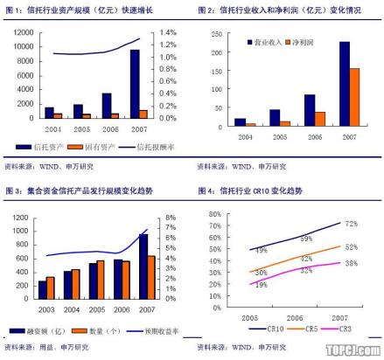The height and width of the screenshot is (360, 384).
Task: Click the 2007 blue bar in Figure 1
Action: pyautogui.click(x=134, y=84)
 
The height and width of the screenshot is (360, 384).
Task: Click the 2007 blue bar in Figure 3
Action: pyautogui.click(x=143, y=267)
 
